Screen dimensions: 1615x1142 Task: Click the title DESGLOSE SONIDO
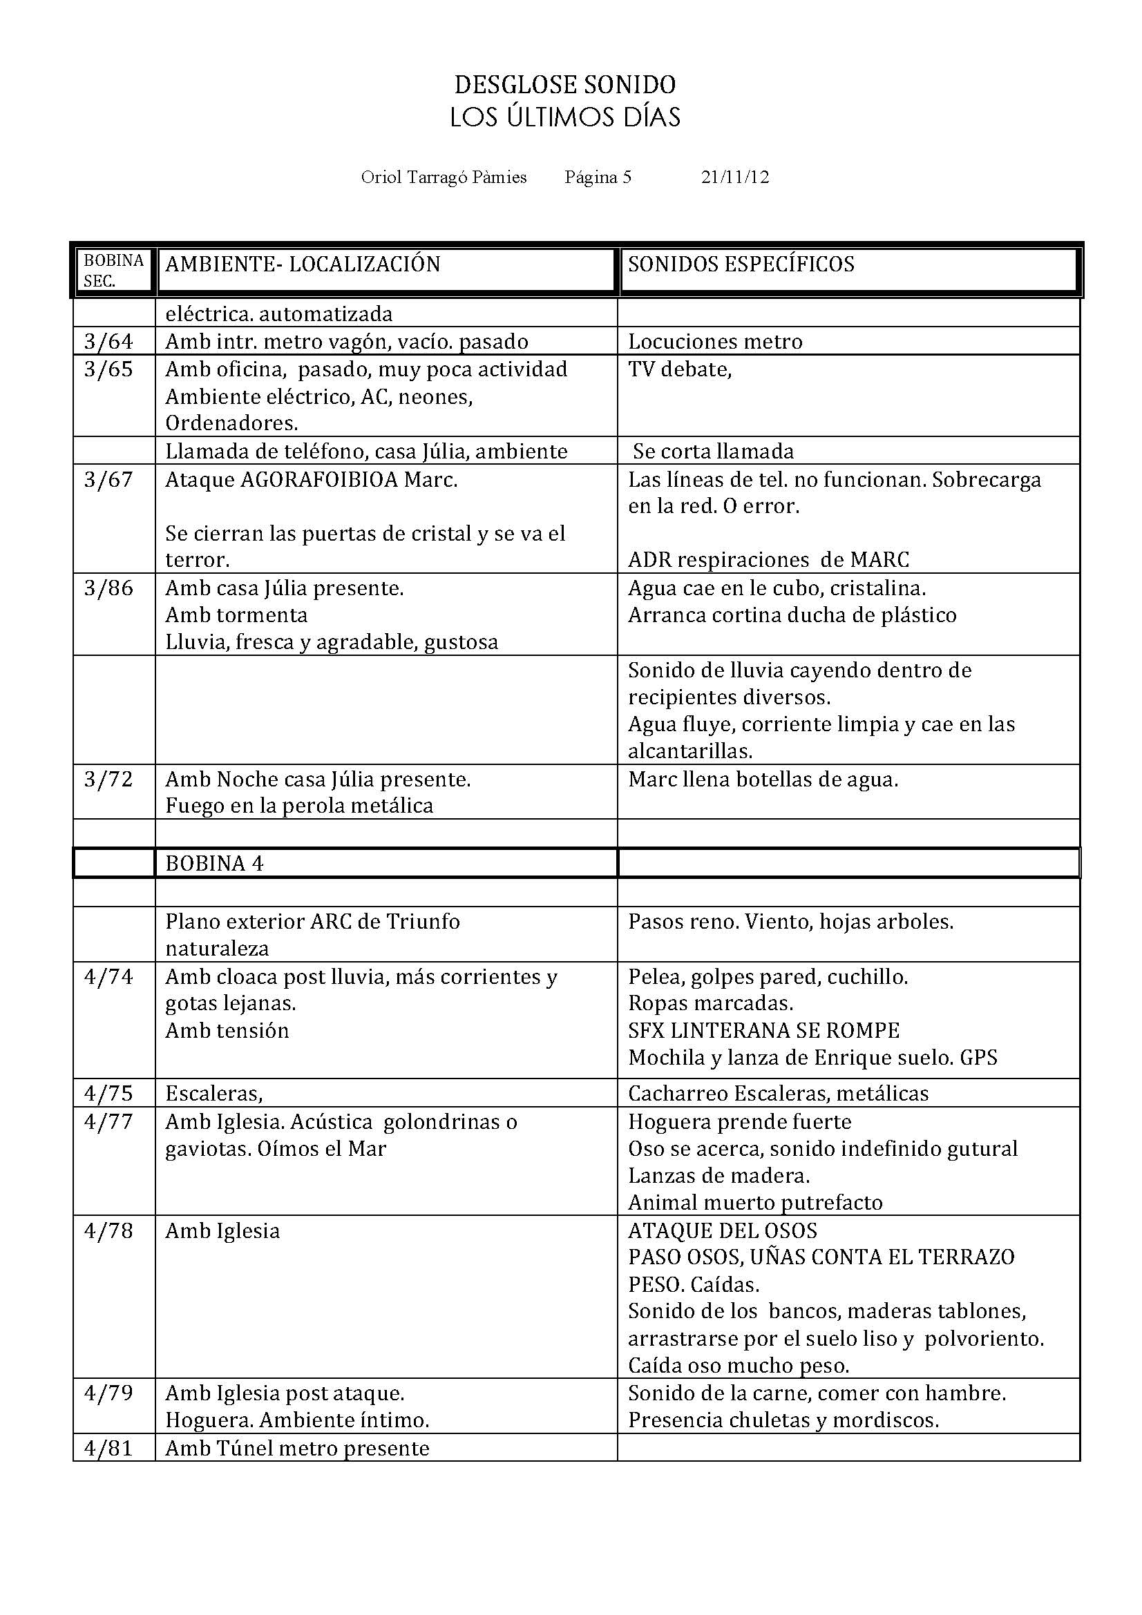(x=564, y=85)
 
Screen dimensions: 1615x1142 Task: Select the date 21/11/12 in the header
(x=734, y=177)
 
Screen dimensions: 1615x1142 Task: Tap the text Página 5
(x=598, y=177)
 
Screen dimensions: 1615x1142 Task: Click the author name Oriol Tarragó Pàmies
(x=444, y=177)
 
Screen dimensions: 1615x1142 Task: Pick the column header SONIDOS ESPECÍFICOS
(x=741, y=264)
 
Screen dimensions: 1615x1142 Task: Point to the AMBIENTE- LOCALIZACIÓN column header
(x=303, y=264)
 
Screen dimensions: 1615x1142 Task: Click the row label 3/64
(x=108, y=342)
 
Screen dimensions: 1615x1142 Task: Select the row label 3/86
(x=108, y=588)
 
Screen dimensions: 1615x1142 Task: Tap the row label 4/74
(x=108, y=977)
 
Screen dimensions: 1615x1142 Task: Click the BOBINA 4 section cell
(x=215, y=864)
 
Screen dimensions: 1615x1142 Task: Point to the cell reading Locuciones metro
(x=715, y=342)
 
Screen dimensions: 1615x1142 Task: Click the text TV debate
(x=680, y=369)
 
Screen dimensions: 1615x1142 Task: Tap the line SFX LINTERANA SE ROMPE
(x=763, y=1030)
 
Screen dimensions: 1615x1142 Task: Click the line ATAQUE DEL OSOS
(x=723, y=1231)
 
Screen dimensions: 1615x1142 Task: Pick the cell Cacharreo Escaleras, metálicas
(x=778, y=1093)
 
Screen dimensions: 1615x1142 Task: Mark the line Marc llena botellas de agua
(x=763, y=780)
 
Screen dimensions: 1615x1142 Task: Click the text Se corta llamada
(x=713, y=452)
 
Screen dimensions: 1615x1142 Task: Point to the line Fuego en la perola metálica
(x=299, y=806)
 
